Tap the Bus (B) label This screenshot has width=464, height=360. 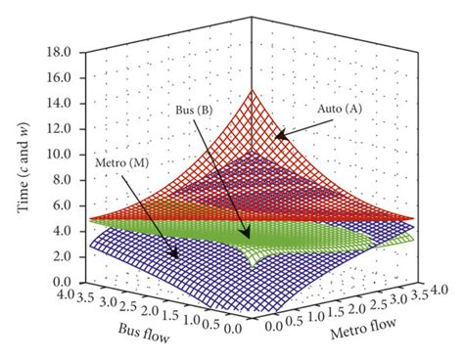196,111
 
